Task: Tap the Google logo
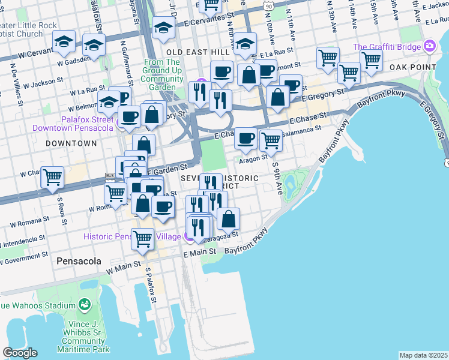tap(20, 353)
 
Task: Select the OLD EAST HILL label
tap(198, 53)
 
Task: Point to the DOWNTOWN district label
tap(71, 143)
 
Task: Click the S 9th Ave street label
tap(277, 178)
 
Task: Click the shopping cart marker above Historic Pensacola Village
tap(143, 238)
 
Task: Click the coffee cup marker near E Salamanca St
tap(246, 138)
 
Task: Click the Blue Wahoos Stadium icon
tap(85, 305)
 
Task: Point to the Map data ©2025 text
tap(423, 355)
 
